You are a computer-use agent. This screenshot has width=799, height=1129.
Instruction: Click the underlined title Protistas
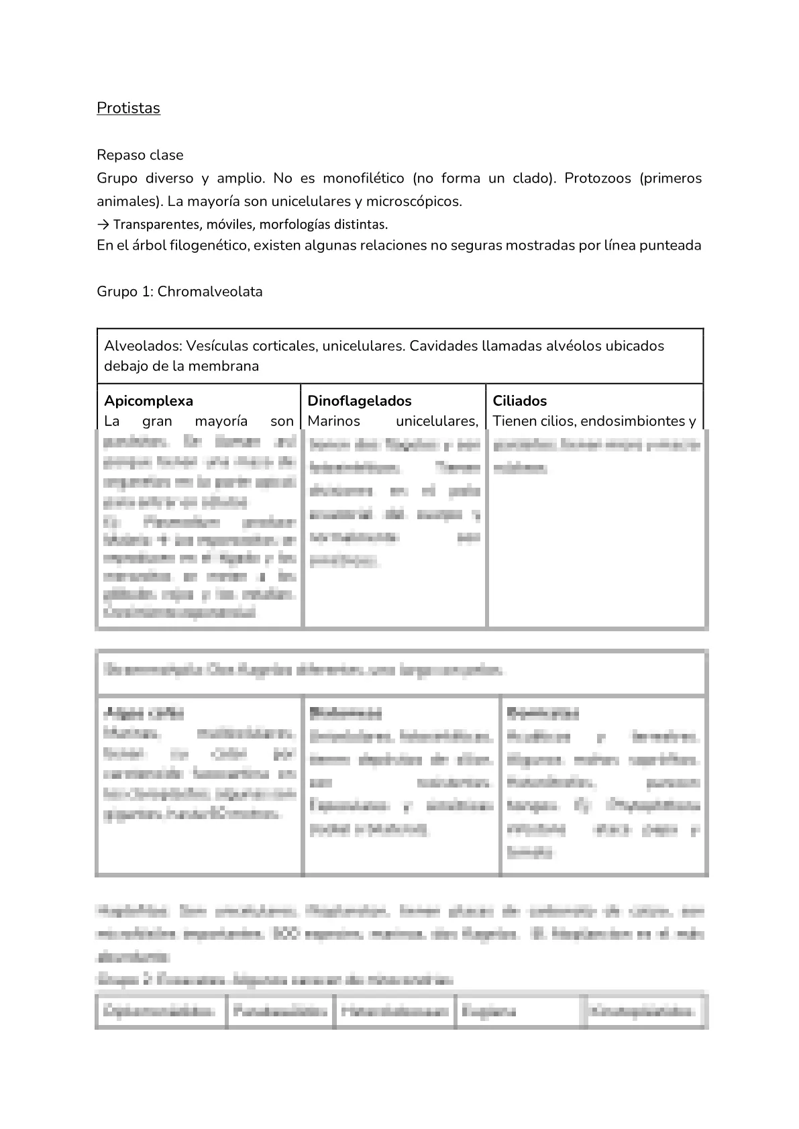click(128, 108)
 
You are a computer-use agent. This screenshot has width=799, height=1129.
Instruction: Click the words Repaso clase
click(140, 155)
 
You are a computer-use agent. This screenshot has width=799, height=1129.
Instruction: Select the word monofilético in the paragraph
click(363, 178)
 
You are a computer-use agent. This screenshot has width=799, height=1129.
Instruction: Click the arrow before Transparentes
click(103, 224)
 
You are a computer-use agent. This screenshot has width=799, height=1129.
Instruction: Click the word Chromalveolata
click(210, 292)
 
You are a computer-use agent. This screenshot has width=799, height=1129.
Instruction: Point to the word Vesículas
click(217, 345)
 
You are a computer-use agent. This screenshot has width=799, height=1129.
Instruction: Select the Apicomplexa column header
click(148, 401)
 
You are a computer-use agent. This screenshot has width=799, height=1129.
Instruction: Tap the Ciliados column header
click(519, 401)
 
